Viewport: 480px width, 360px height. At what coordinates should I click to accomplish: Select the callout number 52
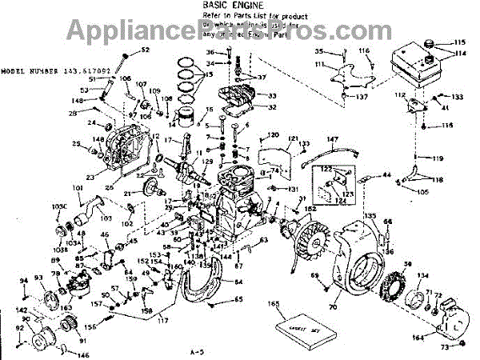pyautogui.click(x=145, y=50)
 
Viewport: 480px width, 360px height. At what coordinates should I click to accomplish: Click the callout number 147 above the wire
pyautogui.click(x=332, y=139)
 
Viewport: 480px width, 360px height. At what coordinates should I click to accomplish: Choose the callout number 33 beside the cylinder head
pyautogui.click(x=271, y=94)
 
